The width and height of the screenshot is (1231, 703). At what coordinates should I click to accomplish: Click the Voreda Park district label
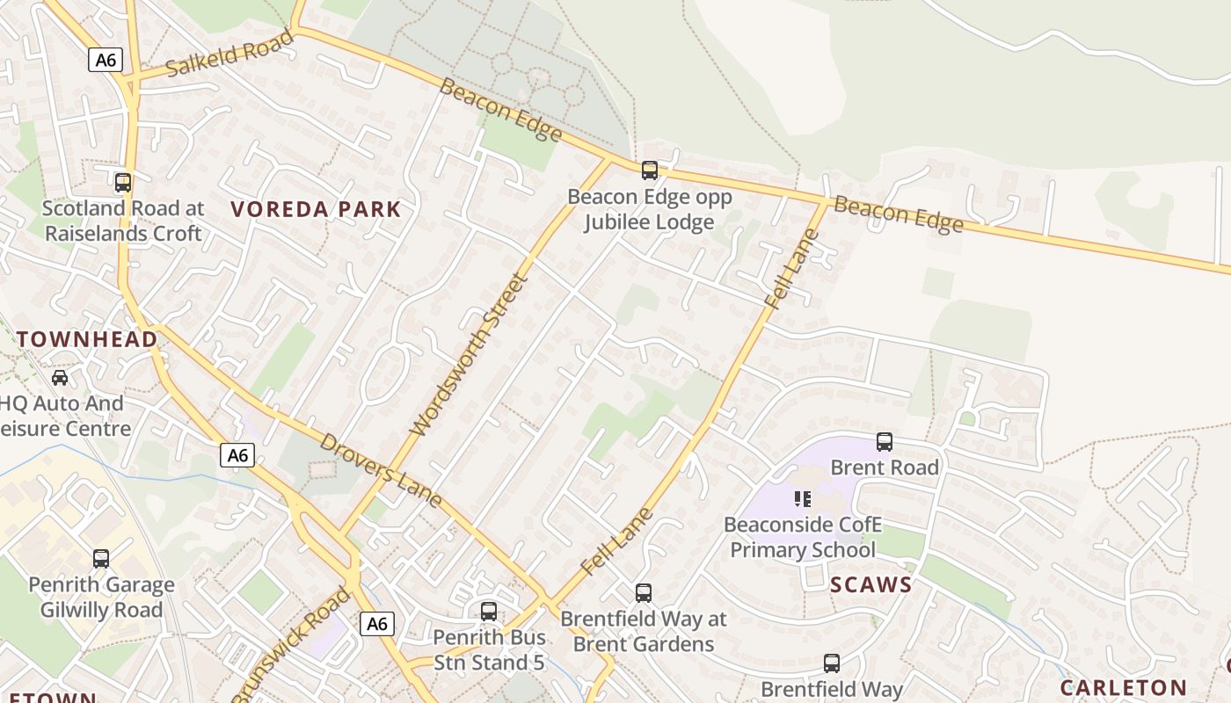(316, 209)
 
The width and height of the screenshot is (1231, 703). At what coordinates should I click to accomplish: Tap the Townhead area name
(87, 339)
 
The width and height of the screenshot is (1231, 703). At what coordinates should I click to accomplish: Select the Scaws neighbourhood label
(871, 584)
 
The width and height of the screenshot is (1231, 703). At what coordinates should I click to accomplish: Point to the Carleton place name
(1123, 687)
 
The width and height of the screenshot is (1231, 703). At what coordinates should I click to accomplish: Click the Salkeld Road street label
(229, 54)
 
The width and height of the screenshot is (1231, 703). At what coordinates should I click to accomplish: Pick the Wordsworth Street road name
(470, 354)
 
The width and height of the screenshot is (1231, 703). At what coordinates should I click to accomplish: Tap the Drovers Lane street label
(380, 469)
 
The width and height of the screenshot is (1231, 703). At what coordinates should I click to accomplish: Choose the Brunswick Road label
(291, 646)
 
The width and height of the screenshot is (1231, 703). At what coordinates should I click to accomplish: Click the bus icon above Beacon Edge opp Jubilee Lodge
(649, 170)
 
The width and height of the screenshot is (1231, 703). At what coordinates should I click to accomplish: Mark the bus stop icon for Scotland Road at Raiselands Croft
(123, 183)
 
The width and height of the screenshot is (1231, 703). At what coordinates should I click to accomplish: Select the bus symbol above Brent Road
(885, 442)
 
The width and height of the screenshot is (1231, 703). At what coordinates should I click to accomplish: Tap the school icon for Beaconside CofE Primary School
(802, 499)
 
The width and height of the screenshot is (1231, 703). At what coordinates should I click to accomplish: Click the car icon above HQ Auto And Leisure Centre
(60, 378)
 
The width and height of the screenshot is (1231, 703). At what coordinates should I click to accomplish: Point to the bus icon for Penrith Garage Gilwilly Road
(101, 559)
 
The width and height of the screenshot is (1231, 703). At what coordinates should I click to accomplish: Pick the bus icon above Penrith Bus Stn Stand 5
(489, 612)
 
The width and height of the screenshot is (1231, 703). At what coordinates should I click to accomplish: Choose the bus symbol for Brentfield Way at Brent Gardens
(644, 593)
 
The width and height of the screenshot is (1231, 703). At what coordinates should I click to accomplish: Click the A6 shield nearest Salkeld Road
(106, 60)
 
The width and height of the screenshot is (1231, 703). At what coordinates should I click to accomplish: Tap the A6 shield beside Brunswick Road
(376, 624)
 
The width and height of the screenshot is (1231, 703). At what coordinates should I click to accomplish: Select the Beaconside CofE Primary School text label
(802, 538)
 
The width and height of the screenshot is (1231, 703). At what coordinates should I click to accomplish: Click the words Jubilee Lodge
(649, 222)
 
